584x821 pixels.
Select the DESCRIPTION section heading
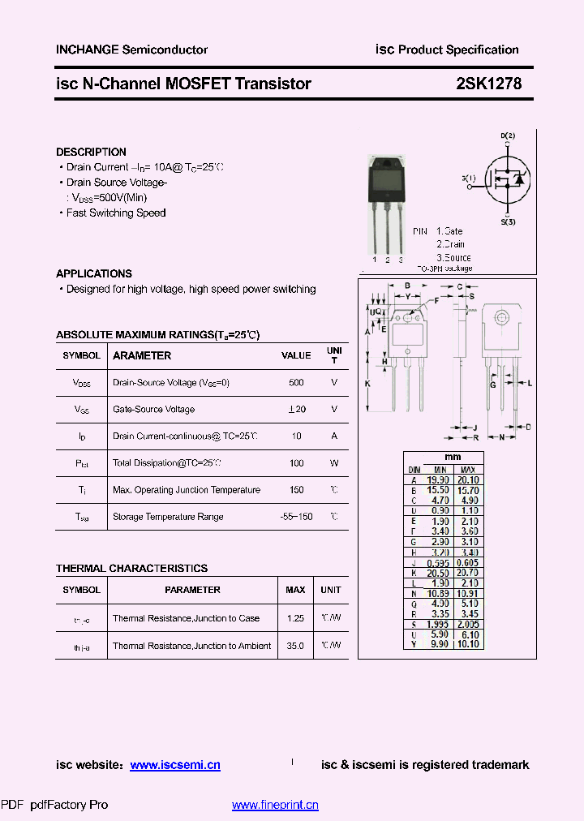[x=91, y=152]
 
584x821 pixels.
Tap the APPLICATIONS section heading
[x=94, y=273]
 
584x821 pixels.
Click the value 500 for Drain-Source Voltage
[x=296, y=382]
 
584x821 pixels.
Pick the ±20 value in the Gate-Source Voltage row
[x=296, y=410]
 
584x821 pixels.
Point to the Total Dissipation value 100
[x=296, y=463]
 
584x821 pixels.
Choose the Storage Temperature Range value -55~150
[x=296, y=517]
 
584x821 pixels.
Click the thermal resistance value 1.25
[x=295, y=618]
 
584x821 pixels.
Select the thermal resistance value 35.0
[x=295, y=646]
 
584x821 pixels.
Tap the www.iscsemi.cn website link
[x=175, y=765]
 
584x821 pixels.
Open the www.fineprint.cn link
[x=275, y=805]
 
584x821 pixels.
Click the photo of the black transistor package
[x=387, y=200]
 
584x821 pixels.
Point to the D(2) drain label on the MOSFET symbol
[x=508, y=135]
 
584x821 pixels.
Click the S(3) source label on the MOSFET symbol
[x=508, y=221]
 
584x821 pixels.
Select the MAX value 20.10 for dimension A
[x=468, y=480]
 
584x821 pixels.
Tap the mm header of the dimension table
[x=453, y=458]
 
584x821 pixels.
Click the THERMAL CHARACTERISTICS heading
[x=131, y=568]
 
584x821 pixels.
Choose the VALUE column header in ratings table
[x=296, y=355]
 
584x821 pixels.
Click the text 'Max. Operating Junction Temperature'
[x=187, y=490]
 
